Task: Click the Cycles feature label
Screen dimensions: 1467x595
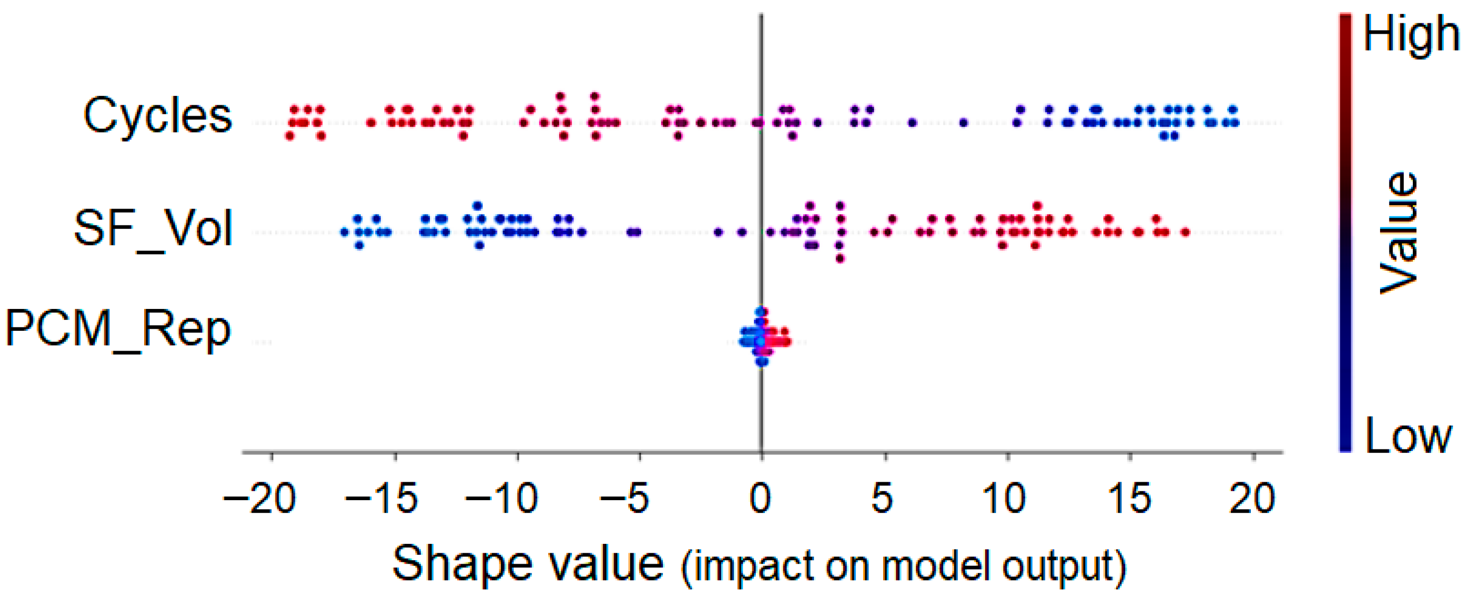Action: click(x=158, y=116)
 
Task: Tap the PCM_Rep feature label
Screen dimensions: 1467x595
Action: click(x=118, y=330)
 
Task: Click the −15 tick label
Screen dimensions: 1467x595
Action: click(x=382, y=498)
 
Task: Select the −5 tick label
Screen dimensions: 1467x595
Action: click(x=625, y=498)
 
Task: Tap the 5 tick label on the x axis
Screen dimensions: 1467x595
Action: click(x=883, y=498)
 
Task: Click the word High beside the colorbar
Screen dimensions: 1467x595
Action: click(x=1411, y=34)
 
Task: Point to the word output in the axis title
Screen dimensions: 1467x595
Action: click(x=1059, y=567)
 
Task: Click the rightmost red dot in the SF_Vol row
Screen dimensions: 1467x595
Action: click(x=1185, y=232)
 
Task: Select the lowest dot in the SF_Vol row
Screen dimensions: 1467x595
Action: click(x=840, y=258)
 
